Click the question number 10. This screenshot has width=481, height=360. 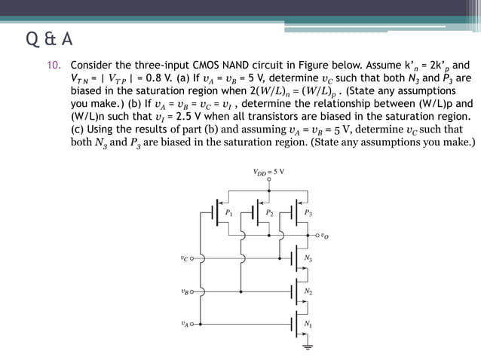click(x=54, y=65)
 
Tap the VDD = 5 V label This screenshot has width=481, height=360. click(x=269, y=172)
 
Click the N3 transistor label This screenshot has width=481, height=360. click(x=308, y=259)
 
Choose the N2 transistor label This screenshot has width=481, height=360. click(x=308, y=291)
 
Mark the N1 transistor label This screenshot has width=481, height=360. click(x=308, y=324)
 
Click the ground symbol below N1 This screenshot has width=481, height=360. click(x=308, y=347)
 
